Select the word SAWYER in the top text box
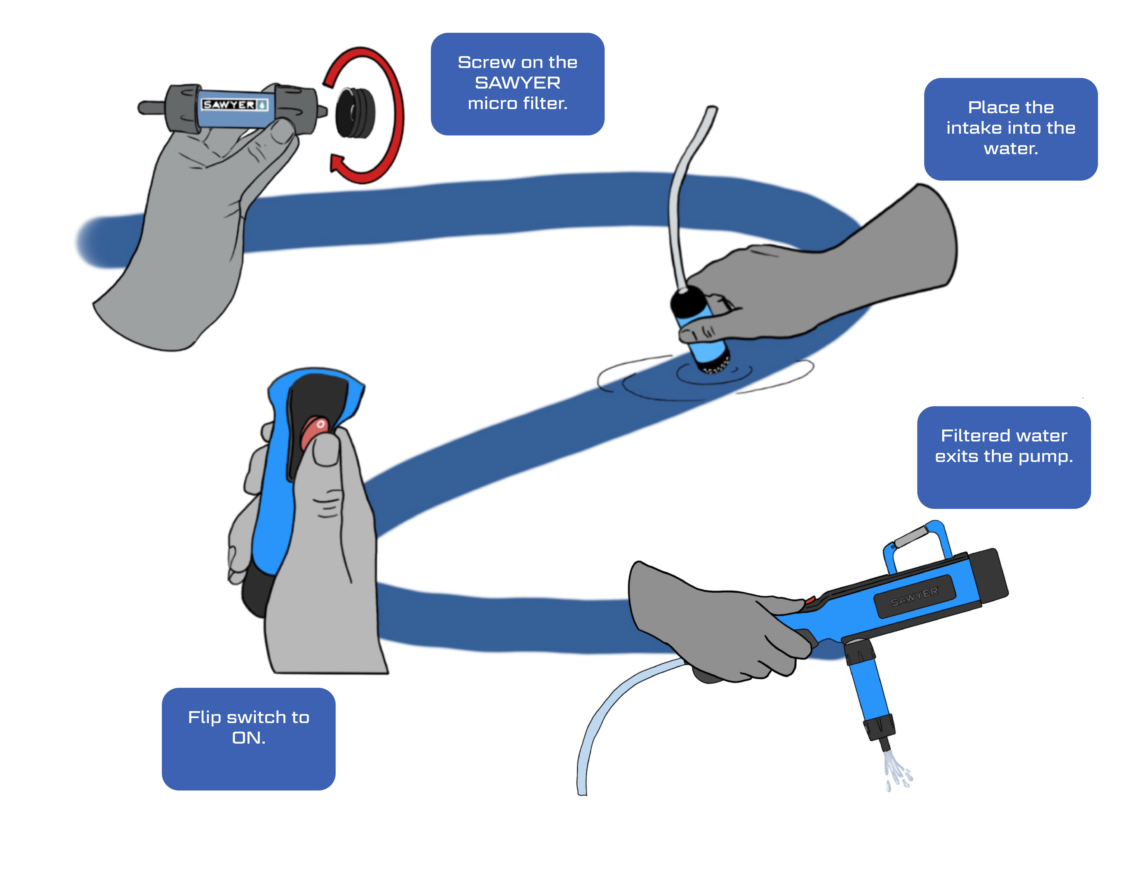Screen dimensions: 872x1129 (517, 83)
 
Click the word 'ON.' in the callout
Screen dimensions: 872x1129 (249, 738)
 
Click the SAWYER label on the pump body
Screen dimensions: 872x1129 (914, 597)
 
